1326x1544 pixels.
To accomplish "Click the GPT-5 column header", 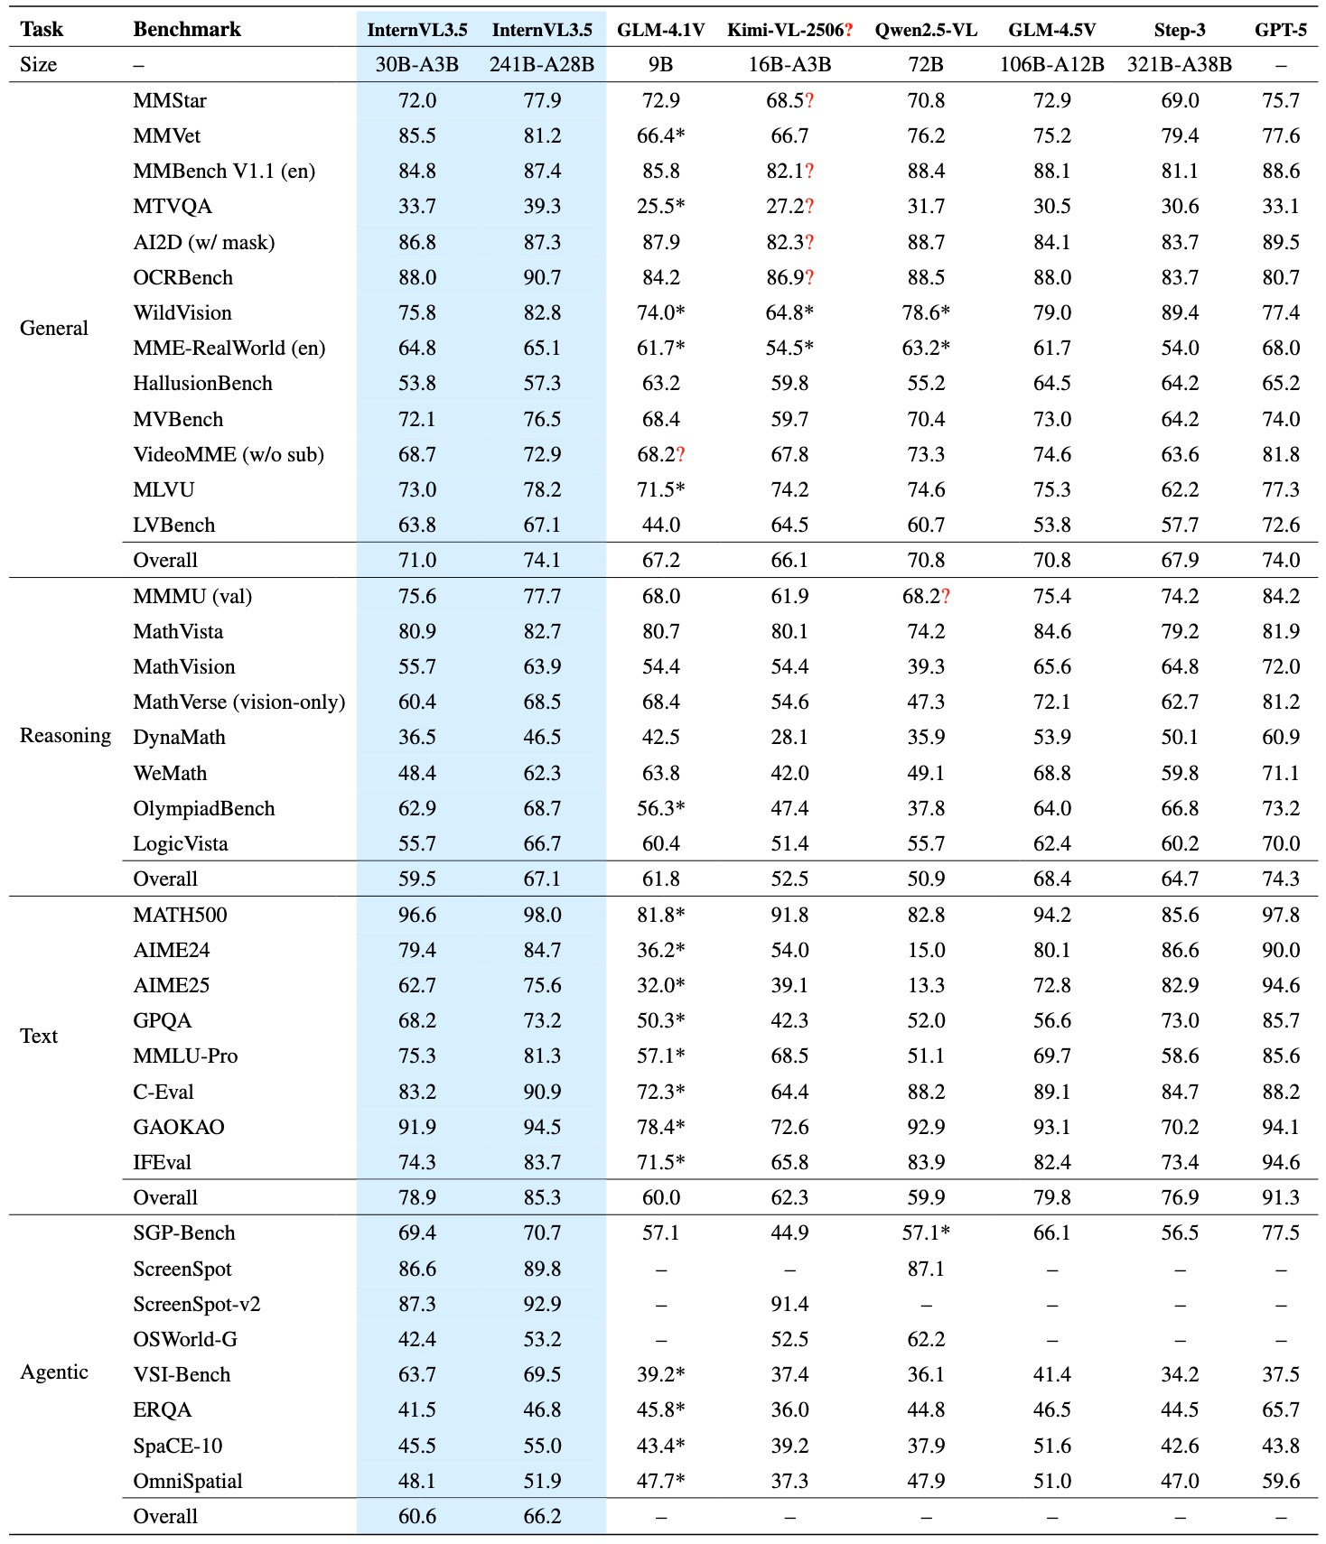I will [x=1280, y=30].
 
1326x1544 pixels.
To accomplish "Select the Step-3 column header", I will [x=1179, y=30].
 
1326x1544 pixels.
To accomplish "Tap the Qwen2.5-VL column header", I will [x=926, y=30].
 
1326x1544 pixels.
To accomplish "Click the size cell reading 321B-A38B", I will [x=1179, y=65].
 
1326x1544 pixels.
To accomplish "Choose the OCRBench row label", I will [x=182, y=277].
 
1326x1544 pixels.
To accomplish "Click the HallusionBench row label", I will [x=202, y=383].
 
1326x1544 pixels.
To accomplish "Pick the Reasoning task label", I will [x=65, y=736].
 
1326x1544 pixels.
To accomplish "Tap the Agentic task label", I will [x=54, y=1372].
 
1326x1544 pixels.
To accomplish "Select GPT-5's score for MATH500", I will [x=1281, y=915].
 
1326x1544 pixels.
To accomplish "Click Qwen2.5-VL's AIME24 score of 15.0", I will [x=926, y=950].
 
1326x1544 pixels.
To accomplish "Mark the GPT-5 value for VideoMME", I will [x=1281, y=454].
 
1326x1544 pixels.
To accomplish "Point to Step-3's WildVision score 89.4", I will [x=1180, y=312].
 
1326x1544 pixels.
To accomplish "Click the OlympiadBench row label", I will [x=203, y=808].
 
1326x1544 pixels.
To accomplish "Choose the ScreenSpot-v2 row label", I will [x=196, y=1304].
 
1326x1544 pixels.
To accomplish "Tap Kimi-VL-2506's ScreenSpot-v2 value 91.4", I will [x=789, y=1304].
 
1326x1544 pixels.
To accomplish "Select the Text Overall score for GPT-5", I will [x=1281, y=1197].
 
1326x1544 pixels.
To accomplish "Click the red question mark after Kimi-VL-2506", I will [x=848, y=30].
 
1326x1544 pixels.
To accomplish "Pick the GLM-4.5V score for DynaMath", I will [x=1052, y=737].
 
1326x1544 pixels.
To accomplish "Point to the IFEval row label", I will [x=162, y=1162].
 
